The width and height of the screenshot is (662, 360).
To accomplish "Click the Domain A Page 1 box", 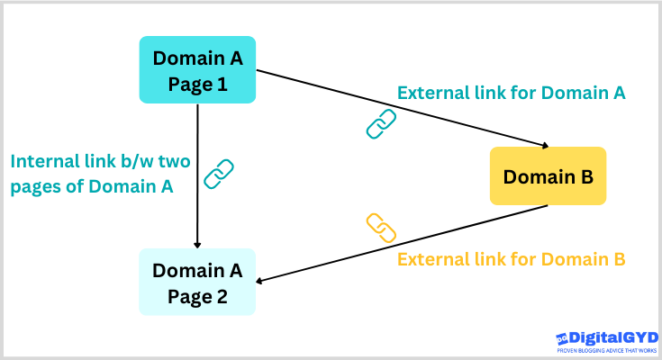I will coord(197,69).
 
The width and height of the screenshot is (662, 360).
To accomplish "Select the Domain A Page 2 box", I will coord(197,282).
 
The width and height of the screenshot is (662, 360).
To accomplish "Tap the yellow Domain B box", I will coord(548,175).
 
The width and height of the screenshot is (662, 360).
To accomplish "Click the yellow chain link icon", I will coord(381,229).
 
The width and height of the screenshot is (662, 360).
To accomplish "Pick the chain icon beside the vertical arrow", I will coord(219,173).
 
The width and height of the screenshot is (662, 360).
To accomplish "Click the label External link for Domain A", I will coord(512,92).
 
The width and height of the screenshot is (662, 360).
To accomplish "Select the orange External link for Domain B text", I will coord(512,259).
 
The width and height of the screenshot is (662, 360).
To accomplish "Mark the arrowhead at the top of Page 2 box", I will coord(197,244).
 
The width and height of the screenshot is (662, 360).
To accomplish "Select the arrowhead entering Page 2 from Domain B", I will coord(262,281).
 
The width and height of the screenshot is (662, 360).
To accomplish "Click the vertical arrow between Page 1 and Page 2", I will coord(197,171).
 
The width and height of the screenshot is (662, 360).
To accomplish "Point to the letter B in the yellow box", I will coord(585,175).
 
